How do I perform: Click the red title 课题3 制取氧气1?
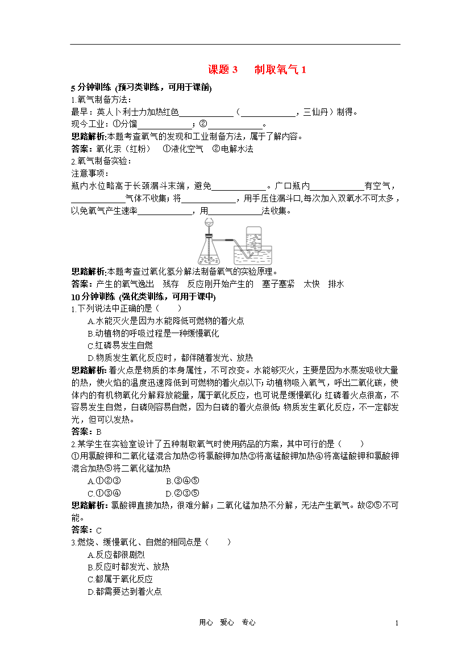pyautogui.click(x=257, y=70)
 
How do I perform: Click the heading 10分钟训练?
pyautogui.click(x=93, y=297)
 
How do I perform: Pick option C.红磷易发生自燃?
pyautogui.click(x=120, y=345)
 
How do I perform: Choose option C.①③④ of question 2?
pyautogui.click(x=104, y=493)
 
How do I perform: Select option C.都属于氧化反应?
pyautogui.click(x=120, y=579)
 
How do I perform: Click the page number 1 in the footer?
pyautogui.click(x=397, y=623)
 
